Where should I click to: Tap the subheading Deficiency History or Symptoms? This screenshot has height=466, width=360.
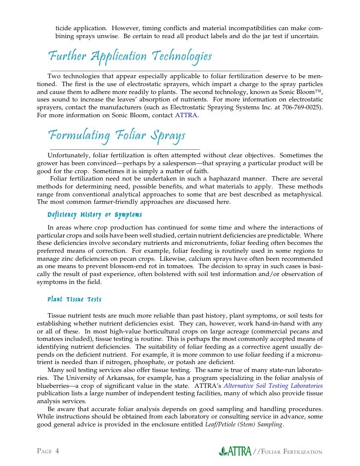94,215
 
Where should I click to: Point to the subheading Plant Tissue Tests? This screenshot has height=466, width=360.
74,299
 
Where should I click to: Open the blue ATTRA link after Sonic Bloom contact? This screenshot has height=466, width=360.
186,115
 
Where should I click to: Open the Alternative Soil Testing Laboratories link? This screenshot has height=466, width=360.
273,385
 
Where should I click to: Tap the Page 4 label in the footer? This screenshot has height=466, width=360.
48,451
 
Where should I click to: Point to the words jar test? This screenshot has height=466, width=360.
275,36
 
